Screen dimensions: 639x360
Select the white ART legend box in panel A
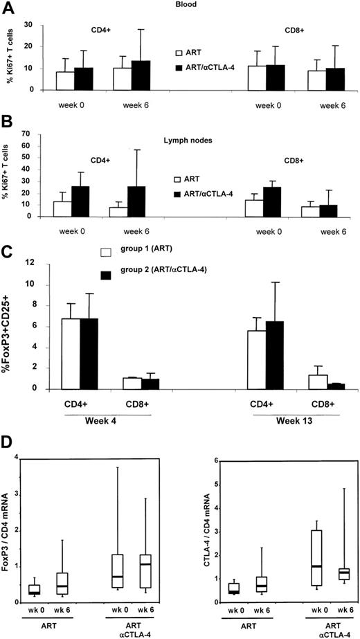click(x=179, y=52)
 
